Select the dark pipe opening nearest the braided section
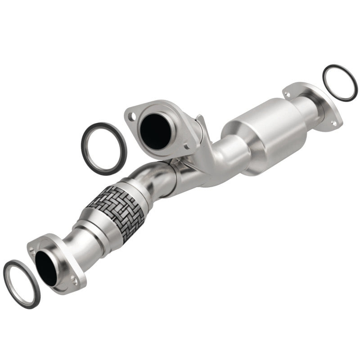coord(46,268)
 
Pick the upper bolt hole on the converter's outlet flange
coord(286,94)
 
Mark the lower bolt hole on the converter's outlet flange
coord(334,122)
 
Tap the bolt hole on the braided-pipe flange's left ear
coord(31,249)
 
